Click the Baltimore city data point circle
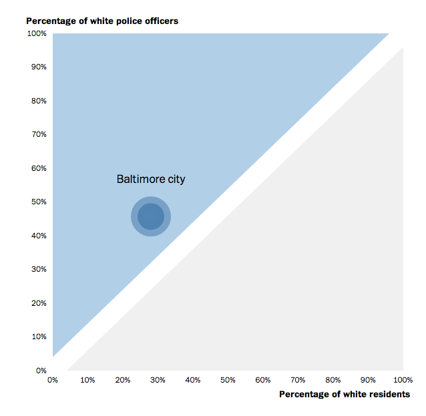(151, 216)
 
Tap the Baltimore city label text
(151, 179)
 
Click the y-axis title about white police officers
(102, 21)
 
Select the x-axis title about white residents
(344, 394)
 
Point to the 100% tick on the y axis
(36, 33)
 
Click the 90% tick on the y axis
(37, 67)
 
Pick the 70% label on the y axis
(37, 134)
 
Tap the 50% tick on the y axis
(37, 202)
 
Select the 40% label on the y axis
(37, 236)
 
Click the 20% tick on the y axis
(37, 303)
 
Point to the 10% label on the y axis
(37, 337)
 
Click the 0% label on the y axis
(40, 371)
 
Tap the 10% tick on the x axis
(87, 380)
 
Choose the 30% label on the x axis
(158, 380)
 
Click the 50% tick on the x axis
(228, 380)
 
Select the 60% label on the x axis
(262, 380)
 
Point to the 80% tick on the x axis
(333, 380)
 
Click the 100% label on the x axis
(403, 380)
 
